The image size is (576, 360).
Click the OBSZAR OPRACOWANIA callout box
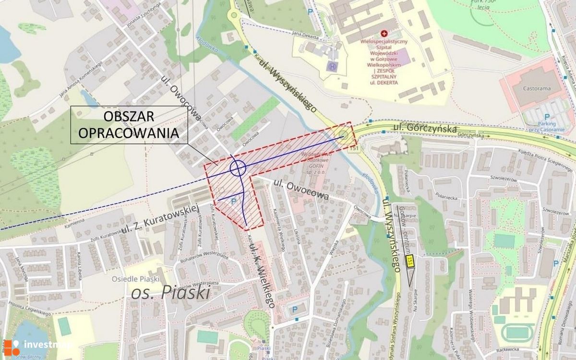click(x=129, y=125)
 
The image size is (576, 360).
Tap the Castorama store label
click(x=536, y=86)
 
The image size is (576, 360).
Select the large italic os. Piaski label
click(x=170, y=292)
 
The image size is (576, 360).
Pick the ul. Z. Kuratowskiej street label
click(x=159, y=219)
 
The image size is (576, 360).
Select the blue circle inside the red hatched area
click(x=238, y=168)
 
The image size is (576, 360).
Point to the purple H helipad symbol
click(x=332, y=66)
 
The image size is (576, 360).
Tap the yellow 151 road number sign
click(x=409, y=261)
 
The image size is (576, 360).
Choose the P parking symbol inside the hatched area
click(x=234, y=202)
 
